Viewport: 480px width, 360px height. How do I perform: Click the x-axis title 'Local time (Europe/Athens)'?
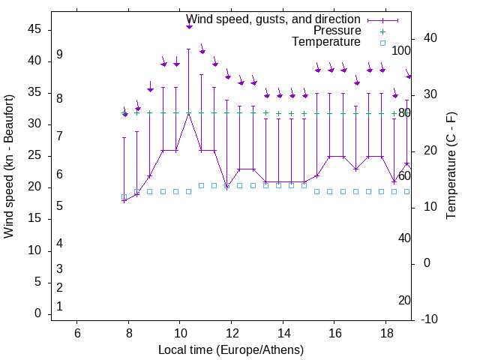[231, 350]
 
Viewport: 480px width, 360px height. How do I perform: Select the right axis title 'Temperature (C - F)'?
[451, 166]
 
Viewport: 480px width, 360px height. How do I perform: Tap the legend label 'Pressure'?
[337, 31]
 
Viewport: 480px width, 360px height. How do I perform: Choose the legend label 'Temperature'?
[326, 42]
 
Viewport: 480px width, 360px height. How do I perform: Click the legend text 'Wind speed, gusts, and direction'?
[273, 19]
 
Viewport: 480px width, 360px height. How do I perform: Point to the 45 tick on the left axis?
[35, 29]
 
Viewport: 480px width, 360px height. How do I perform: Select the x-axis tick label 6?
[77, 333]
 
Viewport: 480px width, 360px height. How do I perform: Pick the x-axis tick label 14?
[283, 333]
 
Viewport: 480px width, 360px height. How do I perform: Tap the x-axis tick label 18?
[386, 333]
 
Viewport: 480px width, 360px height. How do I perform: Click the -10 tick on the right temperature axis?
[430, 319]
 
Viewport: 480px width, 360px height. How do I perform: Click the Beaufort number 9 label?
[59, 55]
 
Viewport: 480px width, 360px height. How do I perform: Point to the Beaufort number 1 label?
[59, 306]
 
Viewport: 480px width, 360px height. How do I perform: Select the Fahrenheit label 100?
[402, 51]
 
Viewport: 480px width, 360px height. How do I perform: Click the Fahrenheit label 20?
[404, 301]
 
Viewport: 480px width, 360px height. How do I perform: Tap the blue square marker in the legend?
[382, 43]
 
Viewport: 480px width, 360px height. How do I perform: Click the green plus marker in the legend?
[382, 31]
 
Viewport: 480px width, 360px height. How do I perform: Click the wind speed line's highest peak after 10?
[189, 113]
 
